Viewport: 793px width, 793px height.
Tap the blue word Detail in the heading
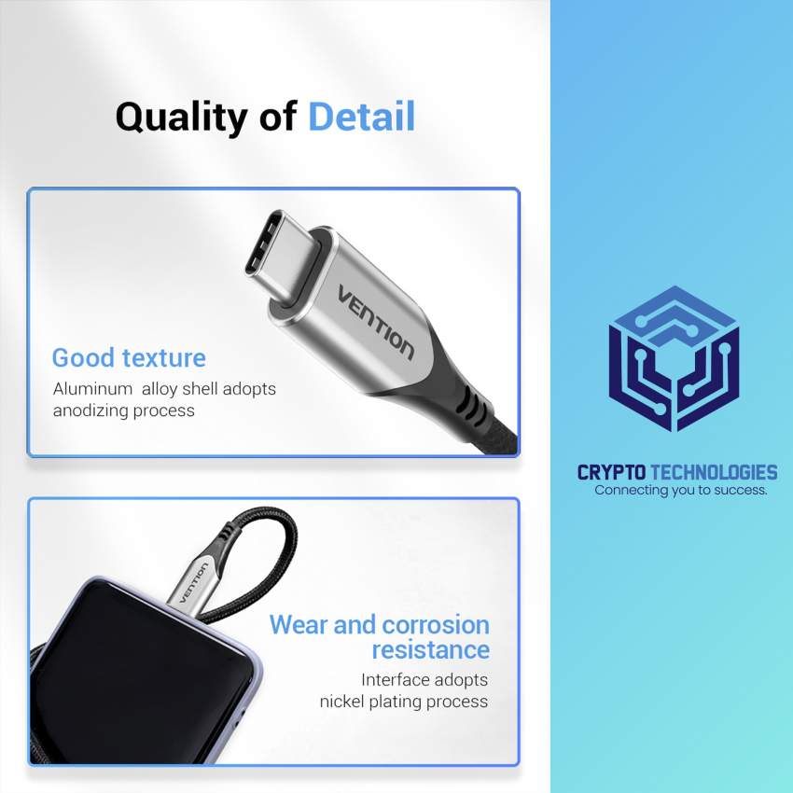tap(361, 118)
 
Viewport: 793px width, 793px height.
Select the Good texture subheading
tap(129, 357)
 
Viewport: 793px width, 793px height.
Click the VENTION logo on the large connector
tap(375, 320)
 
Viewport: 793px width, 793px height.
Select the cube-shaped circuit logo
tap(674, 358)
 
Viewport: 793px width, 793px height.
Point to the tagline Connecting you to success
tap(681, 490)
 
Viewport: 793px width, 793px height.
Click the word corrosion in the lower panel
tap(436, 624)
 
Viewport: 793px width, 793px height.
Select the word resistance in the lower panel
tap(430, 649)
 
